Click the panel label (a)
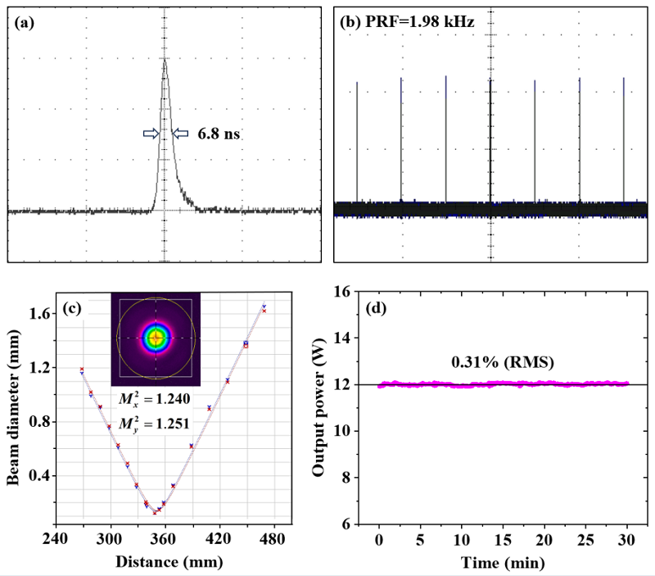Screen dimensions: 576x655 pyautogui.click(x=25, y=23)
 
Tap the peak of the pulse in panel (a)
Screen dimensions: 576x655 pyautogui.click(x=165, y=60)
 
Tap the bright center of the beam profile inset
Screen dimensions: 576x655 pyautogui.click(x=156, y=338)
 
